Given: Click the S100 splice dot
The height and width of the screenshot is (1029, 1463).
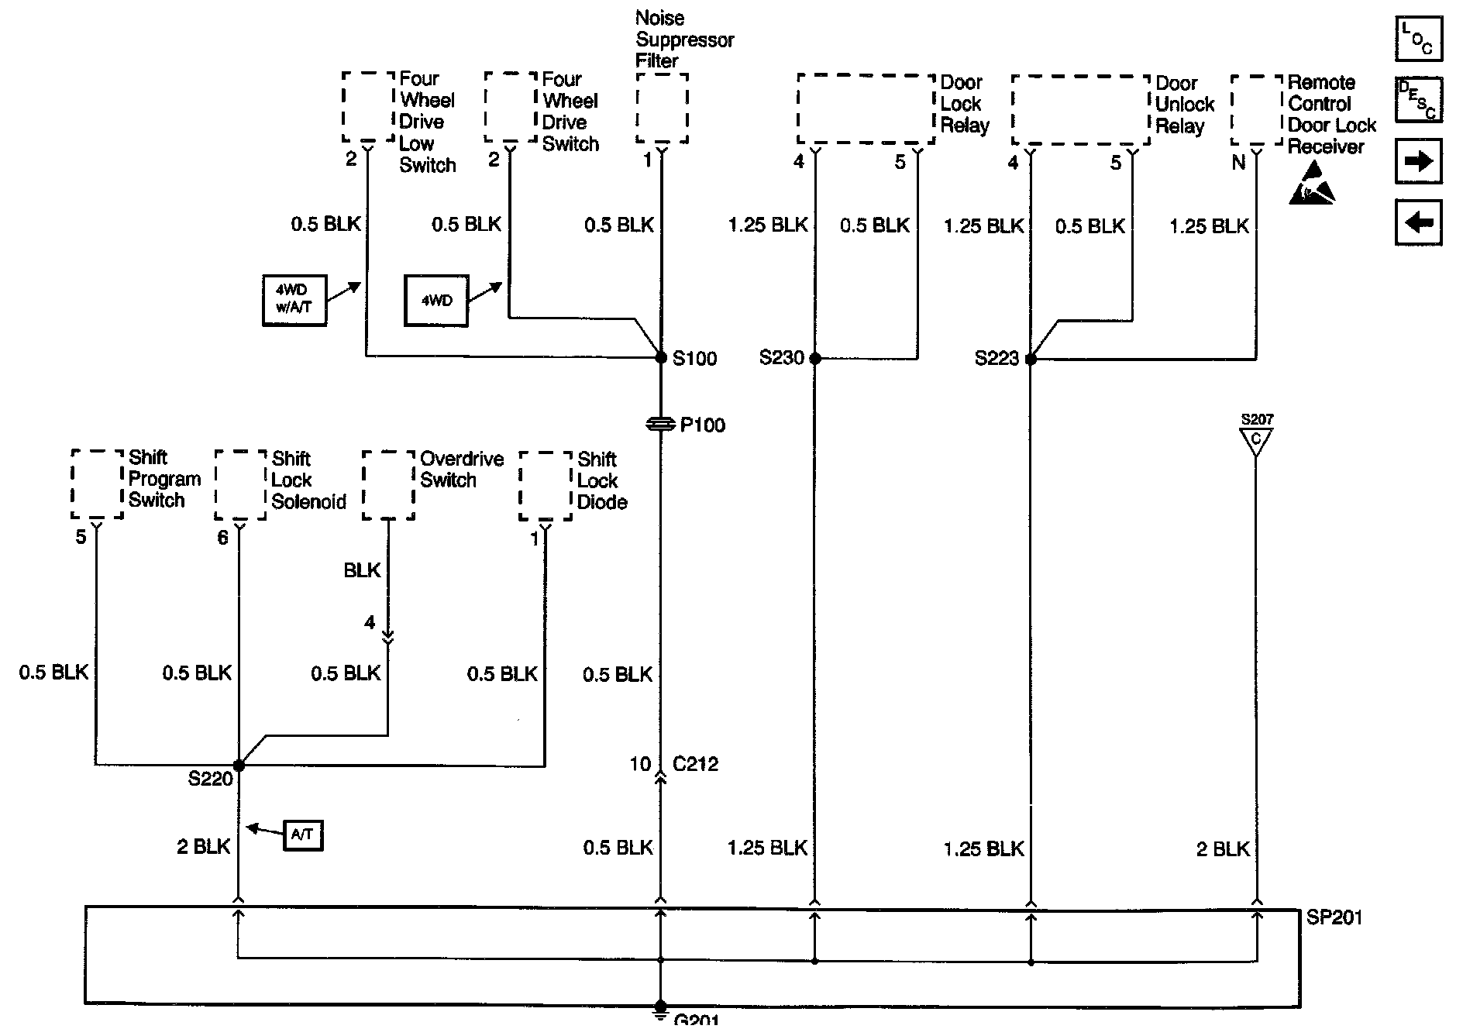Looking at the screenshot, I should [661, 358].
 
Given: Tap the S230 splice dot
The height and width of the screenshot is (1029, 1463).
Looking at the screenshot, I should [814, 359].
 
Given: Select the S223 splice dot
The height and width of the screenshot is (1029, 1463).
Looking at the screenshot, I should [1031, 360].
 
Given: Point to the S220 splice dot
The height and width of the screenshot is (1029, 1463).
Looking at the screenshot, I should [239, 766].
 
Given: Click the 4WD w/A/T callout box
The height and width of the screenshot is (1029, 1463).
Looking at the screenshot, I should [294, 300].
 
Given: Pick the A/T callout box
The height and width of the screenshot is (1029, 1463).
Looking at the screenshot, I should [303, 835].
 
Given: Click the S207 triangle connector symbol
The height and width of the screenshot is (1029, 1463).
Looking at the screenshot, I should [1256, 439].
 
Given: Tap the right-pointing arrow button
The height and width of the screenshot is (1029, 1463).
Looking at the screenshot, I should [1419, 161].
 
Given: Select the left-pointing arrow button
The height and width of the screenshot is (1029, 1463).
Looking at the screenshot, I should [1419, 223].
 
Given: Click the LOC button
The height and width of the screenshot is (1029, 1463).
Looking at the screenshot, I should [1419, 39].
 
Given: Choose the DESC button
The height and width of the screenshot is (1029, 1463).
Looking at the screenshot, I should [1419, 100].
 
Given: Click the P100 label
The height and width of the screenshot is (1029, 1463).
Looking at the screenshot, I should [702, 425].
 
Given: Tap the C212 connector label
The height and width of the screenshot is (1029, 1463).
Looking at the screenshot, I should [695, 765].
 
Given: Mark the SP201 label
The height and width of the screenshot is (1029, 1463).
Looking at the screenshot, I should [1334, 917].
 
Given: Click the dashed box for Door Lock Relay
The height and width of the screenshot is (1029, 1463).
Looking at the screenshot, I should [866, 109].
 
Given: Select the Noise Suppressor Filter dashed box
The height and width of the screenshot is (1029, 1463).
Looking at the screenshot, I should [662, 108].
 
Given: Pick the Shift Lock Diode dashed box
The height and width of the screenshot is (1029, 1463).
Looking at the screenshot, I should [546, 486].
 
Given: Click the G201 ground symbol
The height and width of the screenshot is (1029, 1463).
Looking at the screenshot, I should [661, 1010].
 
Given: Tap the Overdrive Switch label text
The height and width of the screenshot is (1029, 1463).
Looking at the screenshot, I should [462, 470].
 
